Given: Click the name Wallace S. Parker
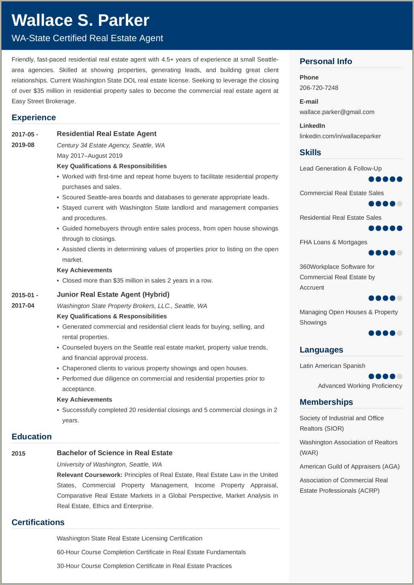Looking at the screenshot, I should point(80,21).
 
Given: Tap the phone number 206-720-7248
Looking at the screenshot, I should point(319,88).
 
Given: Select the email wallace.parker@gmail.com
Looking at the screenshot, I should point(337,112).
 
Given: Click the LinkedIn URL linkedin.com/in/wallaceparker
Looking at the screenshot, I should point(340,136).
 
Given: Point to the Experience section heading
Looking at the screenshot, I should point(34,117).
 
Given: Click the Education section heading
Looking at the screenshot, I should point(32,437).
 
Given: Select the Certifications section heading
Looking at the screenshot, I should point(38,522).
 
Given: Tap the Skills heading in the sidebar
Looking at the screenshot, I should point(310,152).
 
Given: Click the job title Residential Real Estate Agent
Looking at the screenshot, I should point(107,134).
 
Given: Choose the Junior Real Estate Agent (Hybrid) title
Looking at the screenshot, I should point(113,294).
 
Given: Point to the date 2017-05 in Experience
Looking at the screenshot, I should point(25,134).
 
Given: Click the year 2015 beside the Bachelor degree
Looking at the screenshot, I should point(18,453).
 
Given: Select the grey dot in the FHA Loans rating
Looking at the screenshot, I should point(400,253).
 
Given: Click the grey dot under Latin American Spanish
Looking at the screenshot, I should point(400,377).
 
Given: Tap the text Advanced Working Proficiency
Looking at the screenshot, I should point(360,386).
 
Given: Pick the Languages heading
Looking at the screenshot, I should point(321,350).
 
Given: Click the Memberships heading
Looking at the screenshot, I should point(326,402).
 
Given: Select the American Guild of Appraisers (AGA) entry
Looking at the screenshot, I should point(349,466).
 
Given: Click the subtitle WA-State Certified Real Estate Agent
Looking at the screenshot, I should point(87,38).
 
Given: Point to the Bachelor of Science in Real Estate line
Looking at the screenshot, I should point(115,453).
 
